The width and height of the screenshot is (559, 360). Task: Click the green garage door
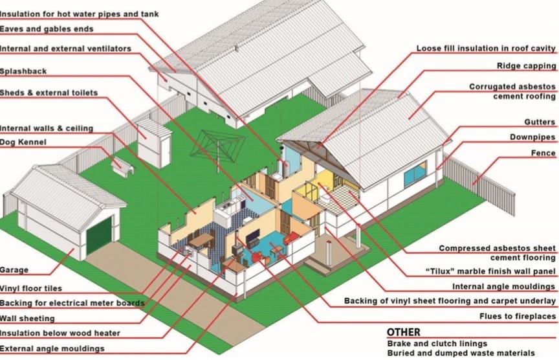tap(99, 236)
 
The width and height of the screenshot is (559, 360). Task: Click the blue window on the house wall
tap(415, 174)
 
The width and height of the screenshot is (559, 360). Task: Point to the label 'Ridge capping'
tap(526, 66)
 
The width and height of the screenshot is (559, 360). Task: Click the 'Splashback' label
tap(23, 71)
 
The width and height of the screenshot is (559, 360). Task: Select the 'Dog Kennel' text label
tap(23, 142)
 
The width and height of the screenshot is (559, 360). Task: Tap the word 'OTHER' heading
tap(404, 332)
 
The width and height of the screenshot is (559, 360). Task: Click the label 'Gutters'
tap(540, 122)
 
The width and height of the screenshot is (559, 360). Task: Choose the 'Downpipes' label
tap(532, 137)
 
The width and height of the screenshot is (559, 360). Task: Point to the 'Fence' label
tap(543, 153)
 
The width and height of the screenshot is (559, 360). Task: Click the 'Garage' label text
tap(14, 270)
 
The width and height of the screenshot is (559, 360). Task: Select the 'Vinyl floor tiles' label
tap(30, 288)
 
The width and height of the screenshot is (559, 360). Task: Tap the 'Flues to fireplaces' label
tap(518, 316)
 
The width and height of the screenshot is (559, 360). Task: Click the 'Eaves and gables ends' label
tap(47, 29)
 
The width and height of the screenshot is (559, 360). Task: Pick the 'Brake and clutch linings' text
tap(437, 344)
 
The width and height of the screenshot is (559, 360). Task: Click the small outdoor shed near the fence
tap(153, 144)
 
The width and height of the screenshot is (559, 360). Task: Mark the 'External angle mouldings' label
tap(52, 348)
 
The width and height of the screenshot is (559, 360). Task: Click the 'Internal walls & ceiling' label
tap(47, 128)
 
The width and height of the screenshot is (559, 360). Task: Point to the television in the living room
tap(253, 236)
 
